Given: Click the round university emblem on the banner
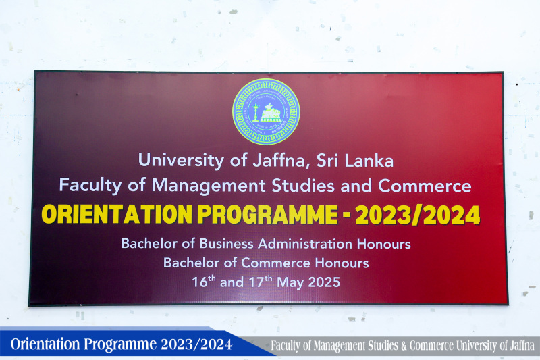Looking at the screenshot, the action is [x=266, y=111].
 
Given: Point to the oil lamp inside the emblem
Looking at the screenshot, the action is [x=255, y=111].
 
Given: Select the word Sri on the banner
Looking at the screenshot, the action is [x=327, y=161].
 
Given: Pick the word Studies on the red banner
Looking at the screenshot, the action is [x=303, y=185].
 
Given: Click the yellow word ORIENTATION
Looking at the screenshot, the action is [x=117, y=214].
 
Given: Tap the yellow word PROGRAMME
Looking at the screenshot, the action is [x=267, y=214].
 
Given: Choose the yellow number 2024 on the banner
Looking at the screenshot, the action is [x=452, y=215].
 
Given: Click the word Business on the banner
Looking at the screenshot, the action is [x=226, y=244].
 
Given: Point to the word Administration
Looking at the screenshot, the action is [x=305, y=244].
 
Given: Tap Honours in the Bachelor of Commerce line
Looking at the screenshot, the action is [x=342, y=263].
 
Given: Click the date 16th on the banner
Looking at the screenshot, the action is [x=204, y=281].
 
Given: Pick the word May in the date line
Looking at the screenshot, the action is [x=290, y=283].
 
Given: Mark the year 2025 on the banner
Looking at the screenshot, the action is [x=324, y=282].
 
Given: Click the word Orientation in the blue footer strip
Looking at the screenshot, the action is [x=45, y=344].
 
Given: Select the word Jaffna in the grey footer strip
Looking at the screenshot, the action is [x=522, y=345].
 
